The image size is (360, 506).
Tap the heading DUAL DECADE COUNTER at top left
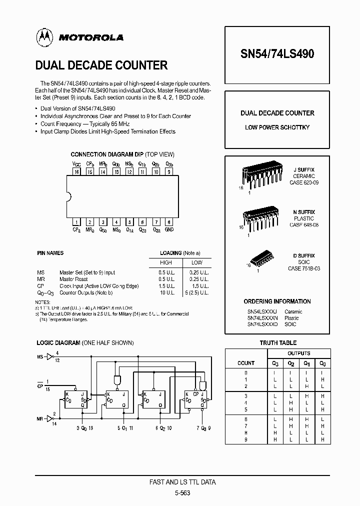click(101, 65)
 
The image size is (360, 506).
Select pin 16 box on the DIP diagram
click(76, 171)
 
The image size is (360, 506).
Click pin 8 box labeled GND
click(169, 222)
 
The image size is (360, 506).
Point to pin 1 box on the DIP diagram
click(76, 222)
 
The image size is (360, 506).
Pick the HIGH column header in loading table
click(165, 262)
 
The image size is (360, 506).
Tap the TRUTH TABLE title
click(278, 343)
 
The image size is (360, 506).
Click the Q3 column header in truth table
click(274, 363)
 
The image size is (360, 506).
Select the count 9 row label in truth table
click(246, 440)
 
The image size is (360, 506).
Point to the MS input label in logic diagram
click(40, 357)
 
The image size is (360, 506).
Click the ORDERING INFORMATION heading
click(277, 301)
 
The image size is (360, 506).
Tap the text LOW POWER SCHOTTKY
click(277, 127)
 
